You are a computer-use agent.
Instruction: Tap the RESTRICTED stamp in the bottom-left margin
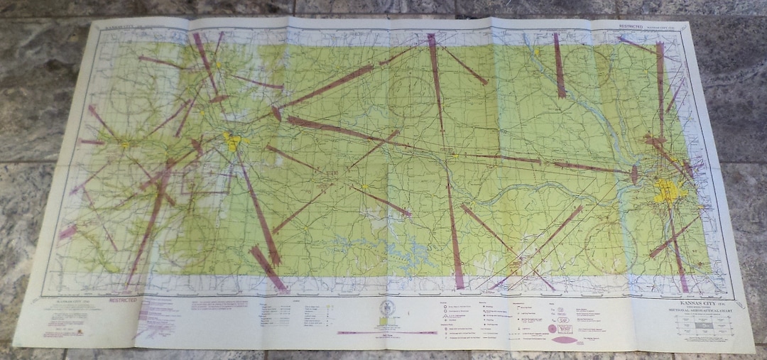[124, 300]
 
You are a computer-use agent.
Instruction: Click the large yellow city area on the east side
[668, 191]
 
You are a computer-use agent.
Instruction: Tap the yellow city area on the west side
[232, 142]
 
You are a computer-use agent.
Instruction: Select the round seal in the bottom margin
[386, 308]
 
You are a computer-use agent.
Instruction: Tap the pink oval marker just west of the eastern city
[634, 175]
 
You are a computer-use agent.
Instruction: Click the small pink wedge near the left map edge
[67, 231]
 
